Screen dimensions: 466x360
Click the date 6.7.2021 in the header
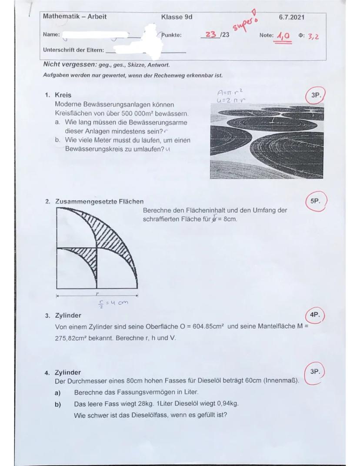[x=291, y=17]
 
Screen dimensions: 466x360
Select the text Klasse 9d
[x=177, y=17]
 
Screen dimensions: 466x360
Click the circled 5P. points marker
[x=315, y=202]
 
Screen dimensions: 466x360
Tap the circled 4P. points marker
[x=315, y=315]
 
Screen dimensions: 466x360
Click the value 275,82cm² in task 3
[x=73, y=337]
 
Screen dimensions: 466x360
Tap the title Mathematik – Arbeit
[x=74, y=17]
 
